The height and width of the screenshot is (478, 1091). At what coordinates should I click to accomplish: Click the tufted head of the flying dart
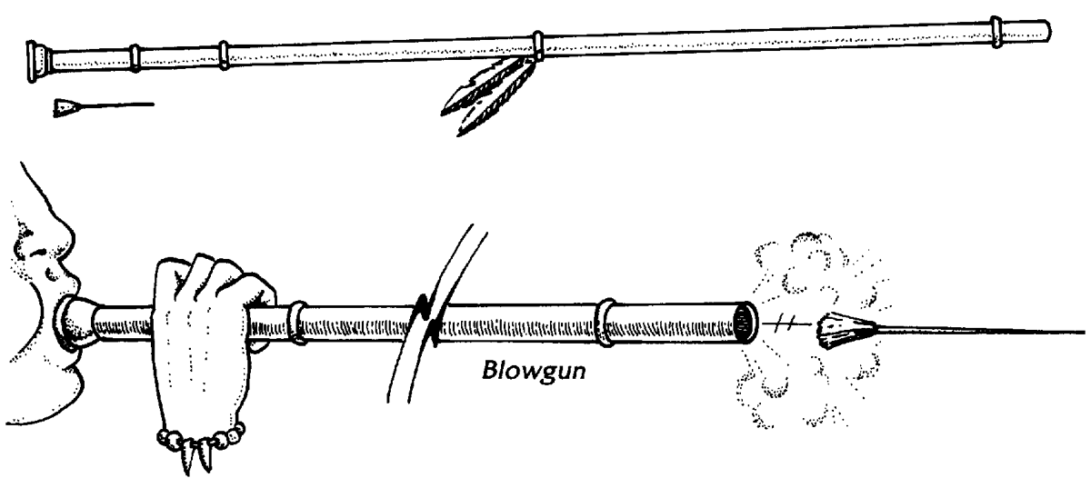837,324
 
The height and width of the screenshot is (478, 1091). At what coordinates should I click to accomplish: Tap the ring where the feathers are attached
538,45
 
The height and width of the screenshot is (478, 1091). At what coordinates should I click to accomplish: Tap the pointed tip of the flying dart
1082,331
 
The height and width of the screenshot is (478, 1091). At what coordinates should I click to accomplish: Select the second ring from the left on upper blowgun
136,56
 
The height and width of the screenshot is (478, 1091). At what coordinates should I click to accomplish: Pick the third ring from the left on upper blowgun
224,54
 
